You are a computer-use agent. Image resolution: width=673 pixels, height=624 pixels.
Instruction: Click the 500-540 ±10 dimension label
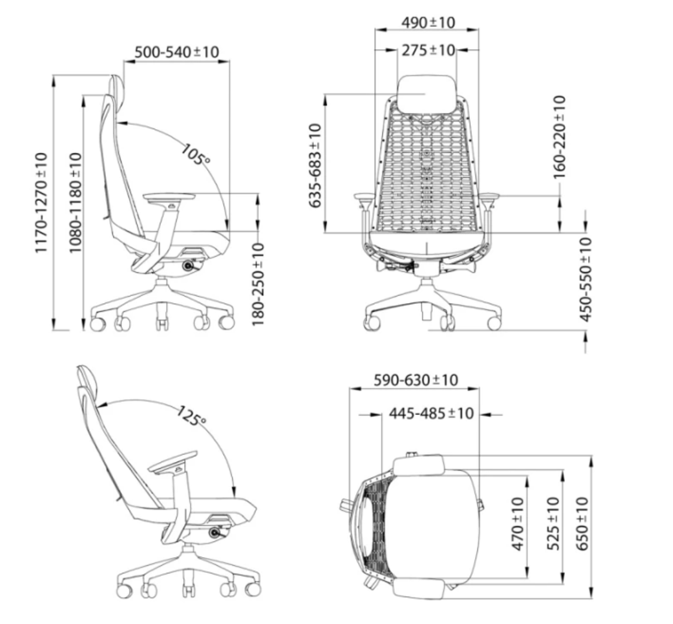pyautogui.click(x=177, y=52)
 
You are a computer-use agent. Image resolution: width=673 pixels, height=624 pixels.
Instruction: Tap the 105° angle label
pyautogui.click(x=195, y=154)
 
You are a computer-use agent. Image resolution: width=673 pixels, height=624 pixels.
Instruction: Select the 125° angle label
pyautogui.click(x=191, y=416)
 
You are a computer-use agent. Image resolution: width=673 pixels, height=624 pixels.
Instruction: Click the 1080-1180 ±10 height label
pyautogui.click(x=75, y=202)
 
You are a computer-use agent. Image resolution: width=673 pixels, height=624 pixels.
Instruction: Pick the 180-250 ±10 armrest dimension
pyautogui.click(x=258, y=284)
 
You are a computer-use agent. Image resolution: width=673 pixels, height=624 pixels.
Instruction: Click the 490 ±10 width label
pyautogui.click(x=428, y=22)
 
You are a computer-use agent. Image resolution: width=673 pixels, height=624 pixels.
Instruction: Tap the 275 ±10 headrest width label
pyautogui.click(x=428, y=51)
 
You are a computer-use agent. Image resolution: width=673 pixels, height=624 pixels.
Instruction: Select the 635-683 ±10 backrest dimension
pyautogui.click(x=316, y=165)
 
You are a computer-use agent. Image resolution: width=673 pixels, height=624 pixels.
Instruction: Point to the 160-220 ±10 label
pyautogui.click(x=559, y=137)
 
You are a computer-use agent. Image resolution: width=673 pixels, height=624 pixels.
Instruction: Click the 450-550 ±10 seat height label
pyautogui.click(x=586, y=280)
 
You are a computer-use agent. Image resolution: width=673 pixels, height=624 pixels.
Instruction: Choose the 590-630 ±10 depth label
pyautogui.click(x=416, y=380)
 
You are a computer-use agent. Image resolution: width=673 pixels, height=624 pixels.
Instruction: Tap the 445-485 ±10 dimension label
pyautogui.click(x=432, y=413)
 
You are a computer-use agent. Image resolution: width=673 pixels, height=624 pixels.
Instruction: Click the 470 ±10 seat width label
pyautogui.click(x=518, y=524)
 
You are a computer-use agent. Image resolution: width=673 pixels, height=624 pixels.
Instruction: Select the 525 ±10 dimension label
pyautogui.click(x=553, y=524)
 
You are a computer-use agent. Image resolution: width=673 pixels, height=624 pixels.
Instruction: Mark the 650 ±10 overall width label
pyautogui.click(x=582, y=524)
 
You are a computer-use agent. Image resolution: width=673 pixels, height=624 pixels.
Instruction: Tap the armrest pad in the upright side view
pyautogui.click(x=169, y=197)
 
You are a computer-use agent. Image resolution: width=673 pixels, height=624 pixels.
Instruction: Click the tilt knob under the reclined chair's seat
pyautogui.click(x=215, y=533)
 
